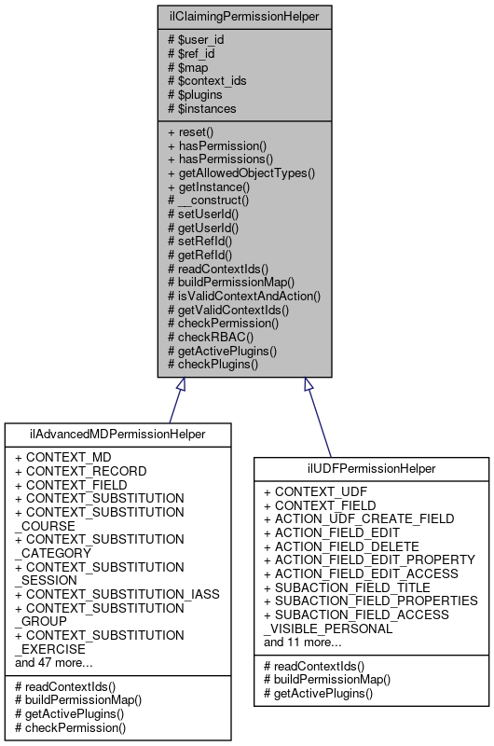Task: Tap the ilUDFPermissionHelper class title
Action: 371,468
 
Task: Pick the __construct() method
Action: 208,200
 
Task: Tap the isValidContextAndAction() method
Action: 243,295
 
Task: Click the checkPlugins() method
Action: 213,363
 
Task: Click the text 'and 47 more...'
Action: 54,663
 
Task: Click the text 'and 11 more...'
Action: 303,642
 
